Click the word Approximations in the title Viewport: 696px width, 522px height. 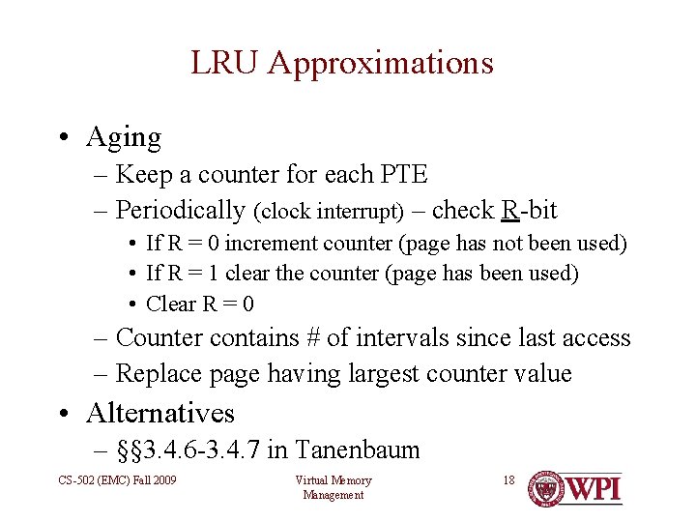click(x=380, y=63)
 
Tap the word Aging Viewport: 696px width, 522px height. click(x=124, y=137)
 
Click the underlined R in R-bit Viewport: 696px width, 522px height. click(x=510, y=210)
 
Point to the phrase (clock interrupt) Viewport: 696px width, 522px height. click(x=329, y=211)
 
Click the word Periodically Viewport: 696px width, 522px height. click(x=180, y=210)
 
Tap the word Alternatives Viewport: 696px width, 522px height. click(x=160, y=414)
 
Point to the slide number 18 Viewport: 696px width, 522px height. click(x=508, y=479)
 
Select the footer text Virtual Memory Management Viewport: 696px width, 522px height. click(x=333, y=487)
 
